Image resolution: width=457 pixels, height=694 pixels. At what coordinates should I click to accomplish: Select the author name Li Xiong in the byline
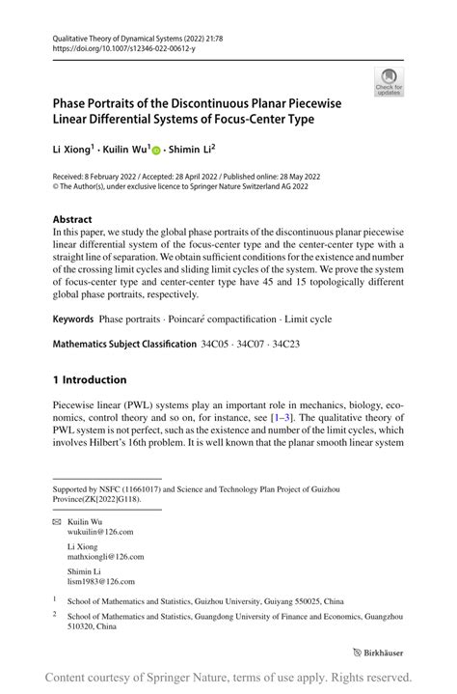71,149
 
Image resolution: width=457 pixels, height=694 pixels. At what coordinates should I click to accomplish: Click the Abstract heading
72,220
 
